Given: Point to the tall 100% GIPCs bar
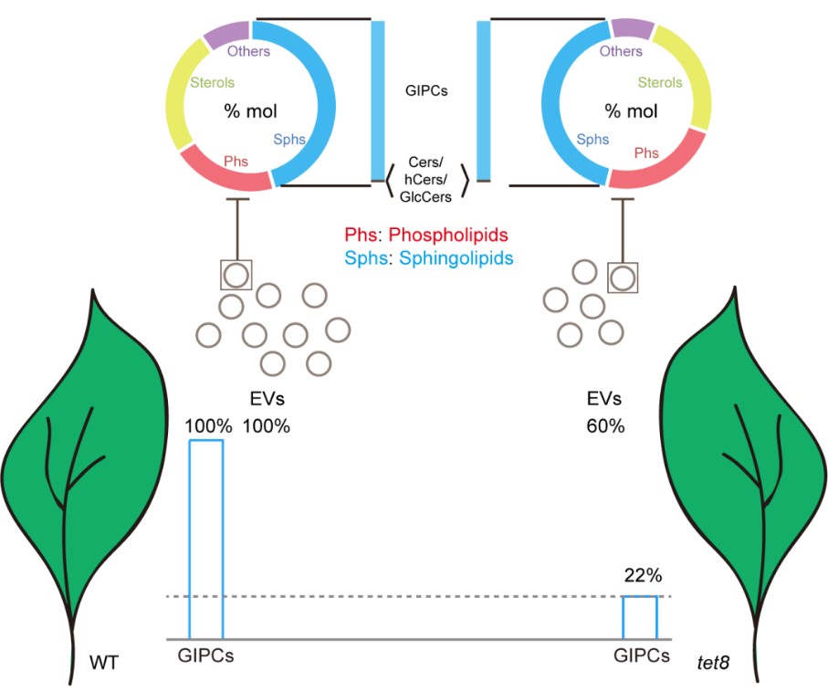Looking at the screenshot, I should pos(205,539).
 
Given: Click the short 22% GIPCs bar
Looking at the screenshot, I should pos(639,617).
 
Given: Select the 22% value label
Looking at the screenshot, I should pos(639,576).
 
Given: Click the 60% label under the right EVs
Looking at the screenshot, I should pos(605,426).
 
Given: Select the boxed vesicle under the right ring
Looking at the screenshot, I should pos(623,277).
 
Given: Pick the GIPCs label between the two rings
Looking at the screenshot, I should pos(425,91).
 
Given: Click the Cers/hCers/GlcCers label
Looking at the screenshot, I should pos(425,177).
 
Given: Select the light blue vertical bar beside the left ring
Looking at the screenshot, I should pos(378,100).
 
